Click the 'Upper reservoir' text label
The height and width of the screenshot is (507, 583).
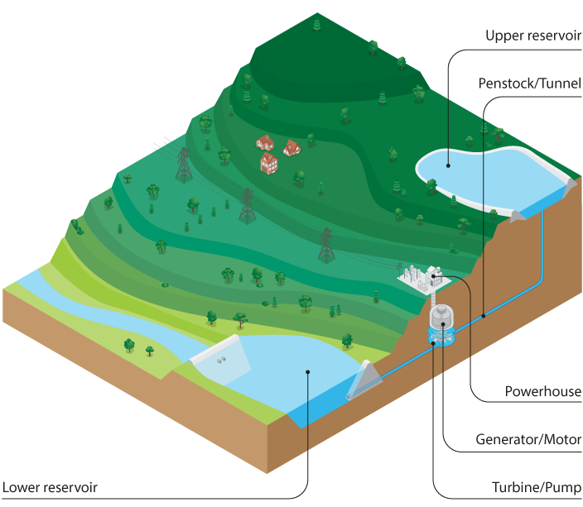[533, 36]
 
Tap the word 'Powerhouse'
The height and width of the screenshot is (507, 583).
[542, 391]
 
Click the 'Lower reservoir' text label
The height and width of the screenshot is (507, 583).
[51, 487]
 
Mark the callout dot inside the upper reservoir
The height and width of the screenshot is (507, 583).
[448, 165]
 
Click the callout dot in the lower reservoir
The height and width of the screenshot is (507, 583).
[307, 371]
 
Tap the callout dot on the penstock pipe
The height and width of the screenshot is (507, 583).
[483, 315]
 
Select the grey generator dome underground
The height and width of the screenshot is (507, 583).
[444, 318]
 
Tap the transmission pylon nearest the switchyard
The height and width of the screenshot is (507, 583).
[326, 244]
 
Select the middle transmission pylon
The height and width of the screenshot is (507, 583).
[246, 206]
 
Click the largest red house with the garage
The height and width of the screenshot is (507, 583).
[269, 162]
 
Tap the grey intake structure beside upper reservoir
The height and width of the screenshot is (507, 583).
[518, 215]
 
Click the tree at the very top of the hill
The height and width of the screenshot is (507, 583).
[317, 25]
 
